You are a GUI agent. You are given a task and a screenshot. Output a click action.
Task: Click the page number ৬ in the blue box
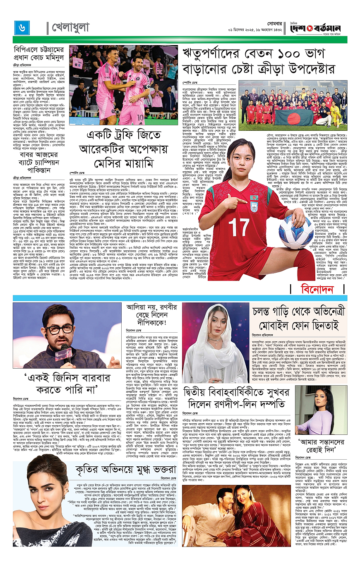coord(21,27)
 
